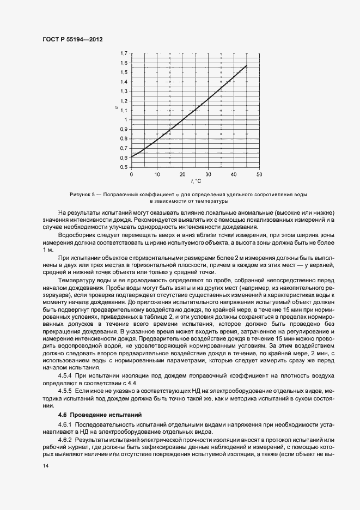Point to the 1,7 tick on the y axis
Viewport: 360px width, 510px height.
124,53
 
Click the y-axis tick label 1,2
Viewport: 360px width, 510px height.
124,101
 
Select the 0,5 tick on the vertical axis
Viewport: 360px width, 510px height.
124,167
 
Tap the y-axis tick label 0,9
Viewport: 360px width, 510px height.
124,129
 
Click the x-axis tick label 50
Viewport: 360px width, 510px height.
259,174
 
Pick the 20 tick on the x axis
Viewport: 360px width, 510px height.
182,174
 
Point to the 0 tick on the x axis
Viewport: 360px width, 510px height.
131,174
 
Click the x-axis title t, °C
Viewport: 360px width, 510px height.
196,181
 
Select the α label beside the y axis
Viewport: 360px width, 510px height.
116,108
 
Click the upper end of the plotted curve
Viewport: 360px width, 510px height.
247,65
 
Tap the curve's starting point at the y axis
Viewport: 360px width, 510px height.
132,157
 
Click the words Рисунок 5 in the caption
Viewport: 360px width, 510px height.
83,195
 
